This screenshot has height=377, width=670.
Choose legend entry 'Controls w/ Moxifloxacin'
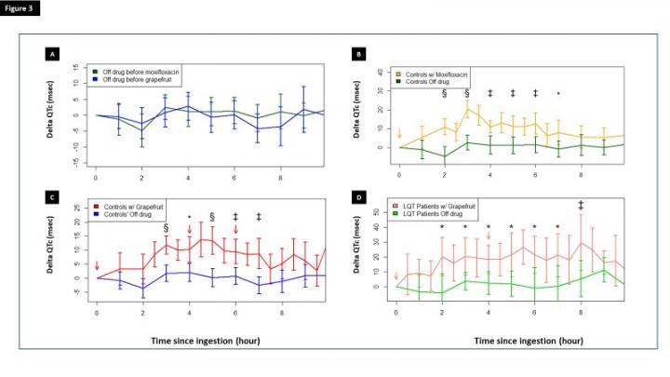pos(442,74)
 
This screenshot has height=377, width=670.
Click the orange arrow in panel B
pos(398,133)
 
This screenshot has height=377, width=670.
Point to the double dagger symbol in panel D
pos(581,205)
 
